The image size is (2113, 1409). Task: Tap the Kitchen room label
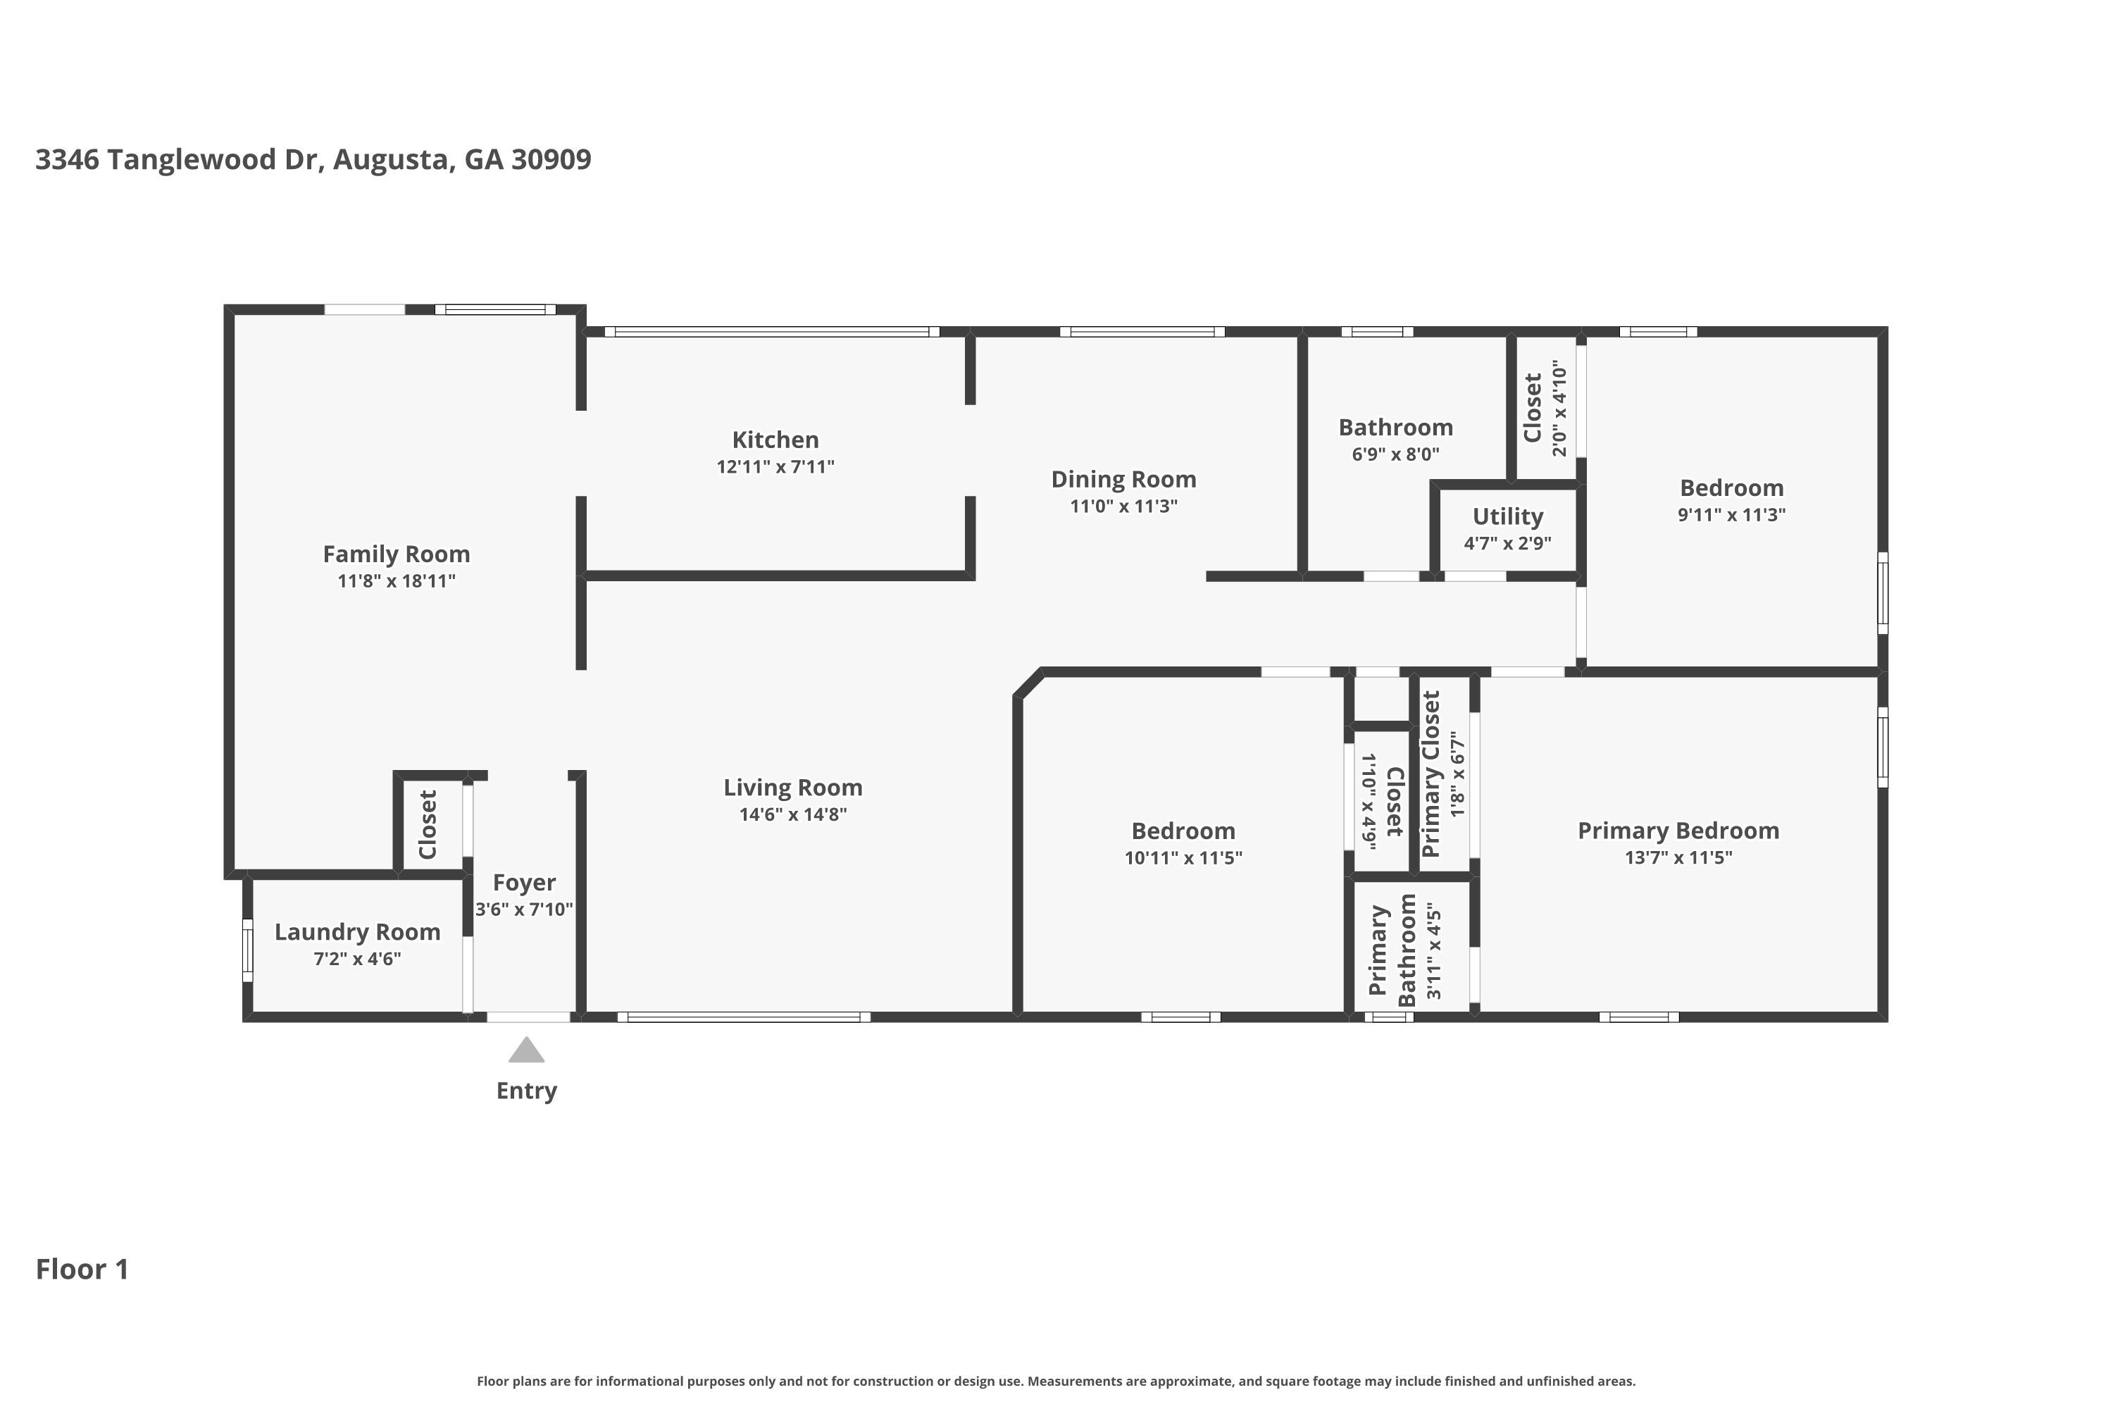(x=775, y=440)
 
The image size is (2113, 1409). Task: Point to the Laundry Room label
(x=358, y=932)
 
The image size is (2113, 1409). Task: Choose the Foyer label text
(x=524, y=883)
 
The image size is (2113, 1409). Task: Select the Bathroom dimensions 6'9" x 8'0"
(x=1395, y=454)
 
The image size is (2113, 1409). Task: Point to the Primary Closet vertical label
(x=1431, y=774)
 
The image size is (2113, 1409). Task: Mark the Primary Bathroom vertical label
(x=1392, y=950)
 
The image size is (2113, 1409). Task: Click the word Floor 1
(x=82, y=1269)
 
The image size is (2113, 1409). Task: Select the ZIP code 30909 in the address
(x=551, y=159)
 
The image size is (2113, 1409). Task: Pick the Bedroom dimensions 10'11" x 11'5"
(x=1183, y=857)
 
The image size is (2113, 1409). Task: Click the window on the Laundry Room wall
(x=247, y=950)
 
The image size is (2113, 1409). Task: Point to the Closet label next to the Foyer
(x=428, y=824)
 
